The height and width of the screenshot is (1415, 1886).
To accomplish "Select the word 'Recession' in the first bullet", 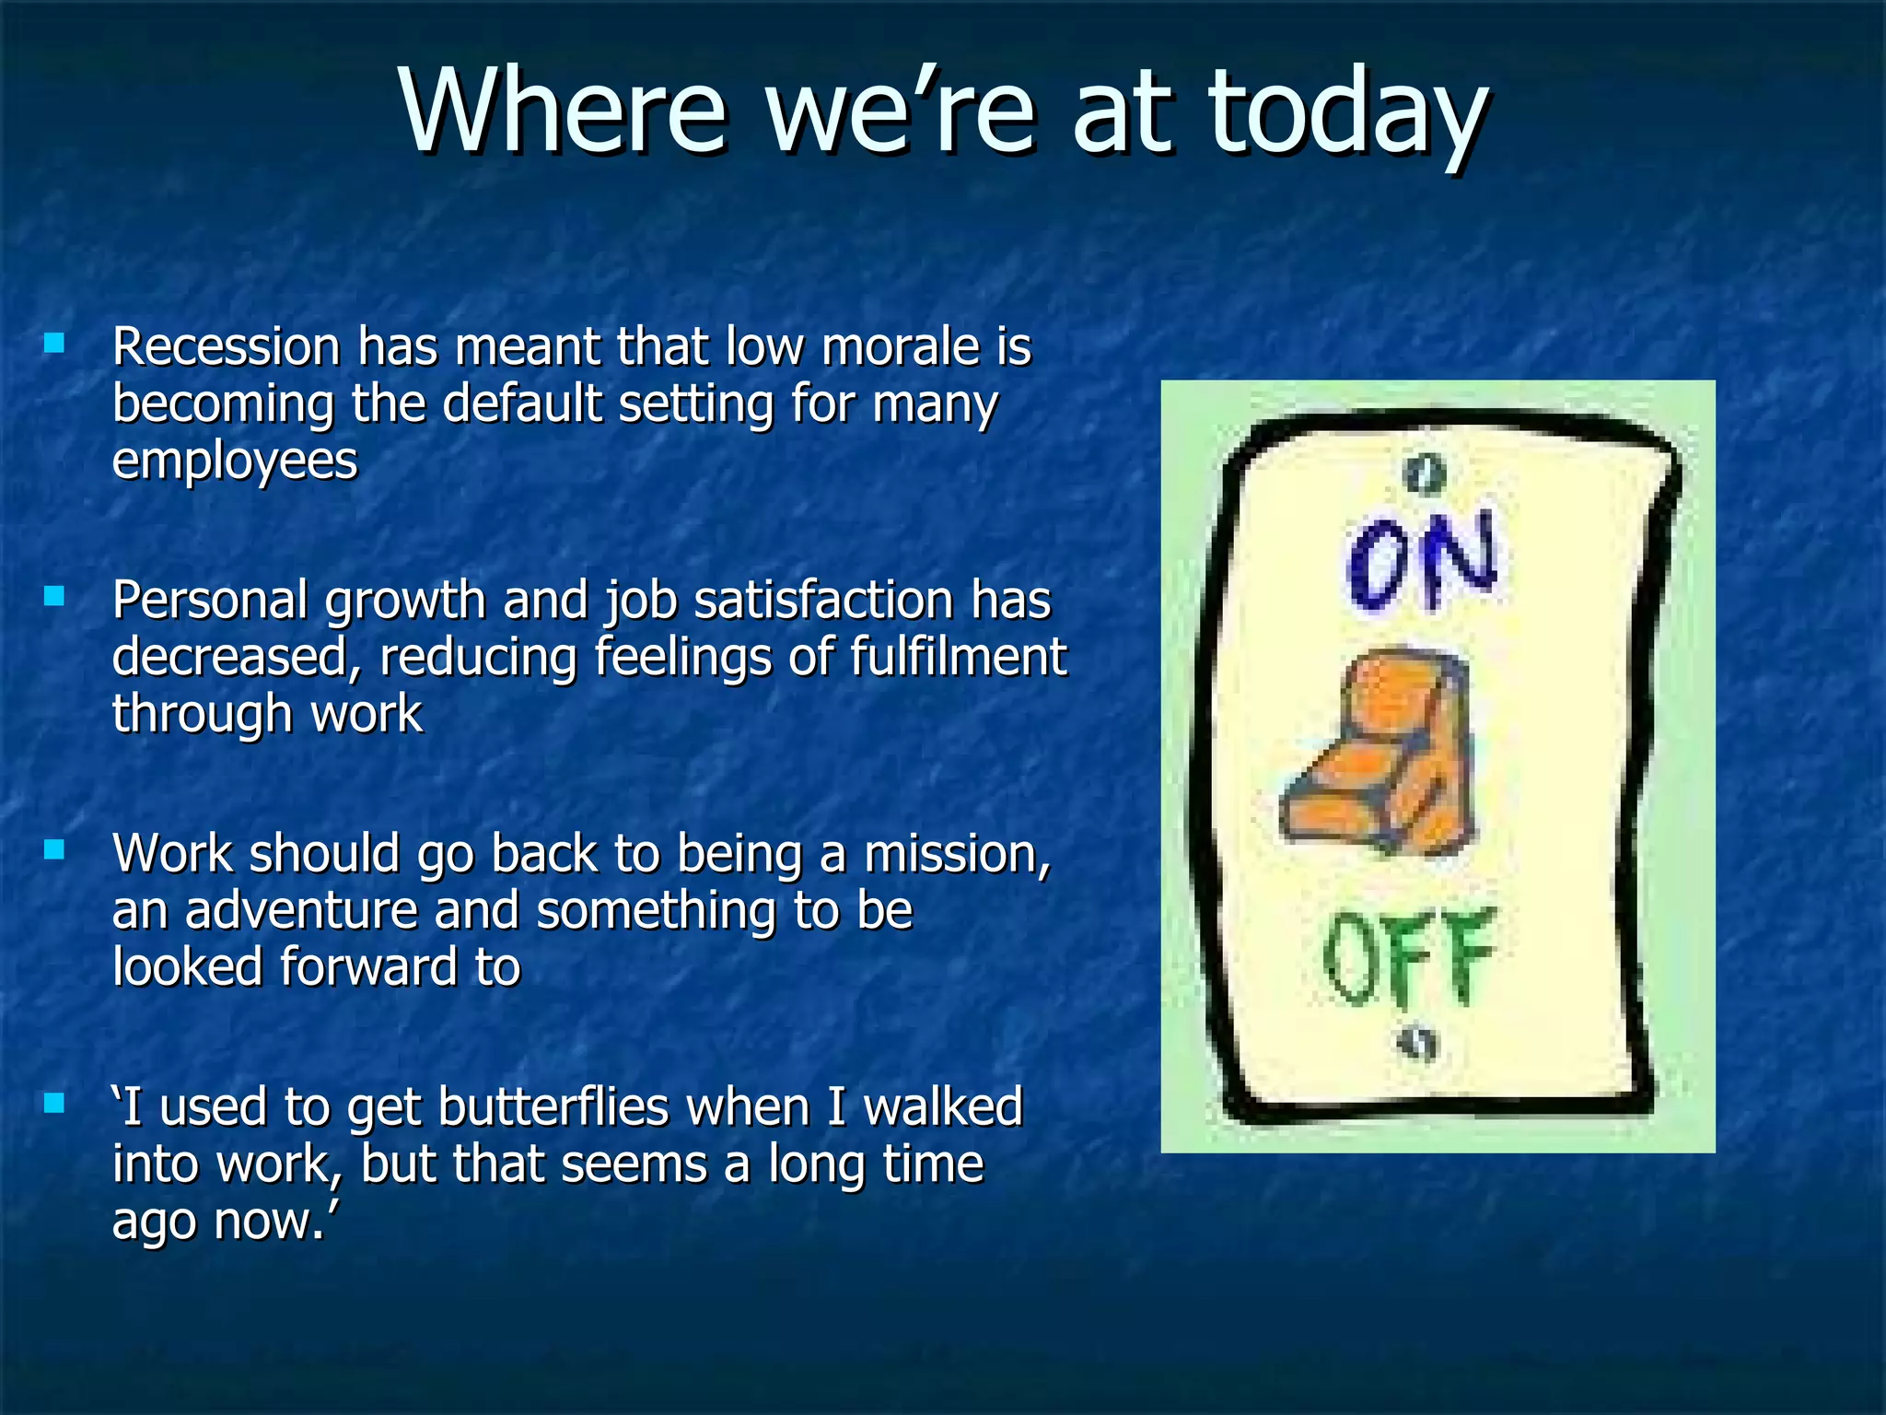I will [227, 347].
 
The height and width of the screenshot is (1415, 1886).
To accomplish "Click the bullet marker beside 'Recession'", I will [54, 345].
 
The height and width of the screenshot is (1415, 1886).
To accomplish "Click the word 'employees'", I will [235, 462].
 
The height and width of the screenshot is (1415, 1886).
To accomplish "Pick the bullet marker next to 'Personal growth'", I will [54, 597].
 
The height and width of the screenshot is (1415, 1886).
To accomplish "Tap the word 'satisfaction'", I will [824, 601].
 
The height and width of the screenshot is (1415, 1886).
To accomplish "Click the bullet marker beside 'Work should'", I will [54, 849].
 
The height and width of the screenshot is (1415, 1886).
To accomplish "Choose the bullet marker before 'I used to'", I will [54, 1103].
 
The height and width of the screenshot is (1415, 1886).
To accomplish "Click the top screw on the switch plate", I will [1425, 474].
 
